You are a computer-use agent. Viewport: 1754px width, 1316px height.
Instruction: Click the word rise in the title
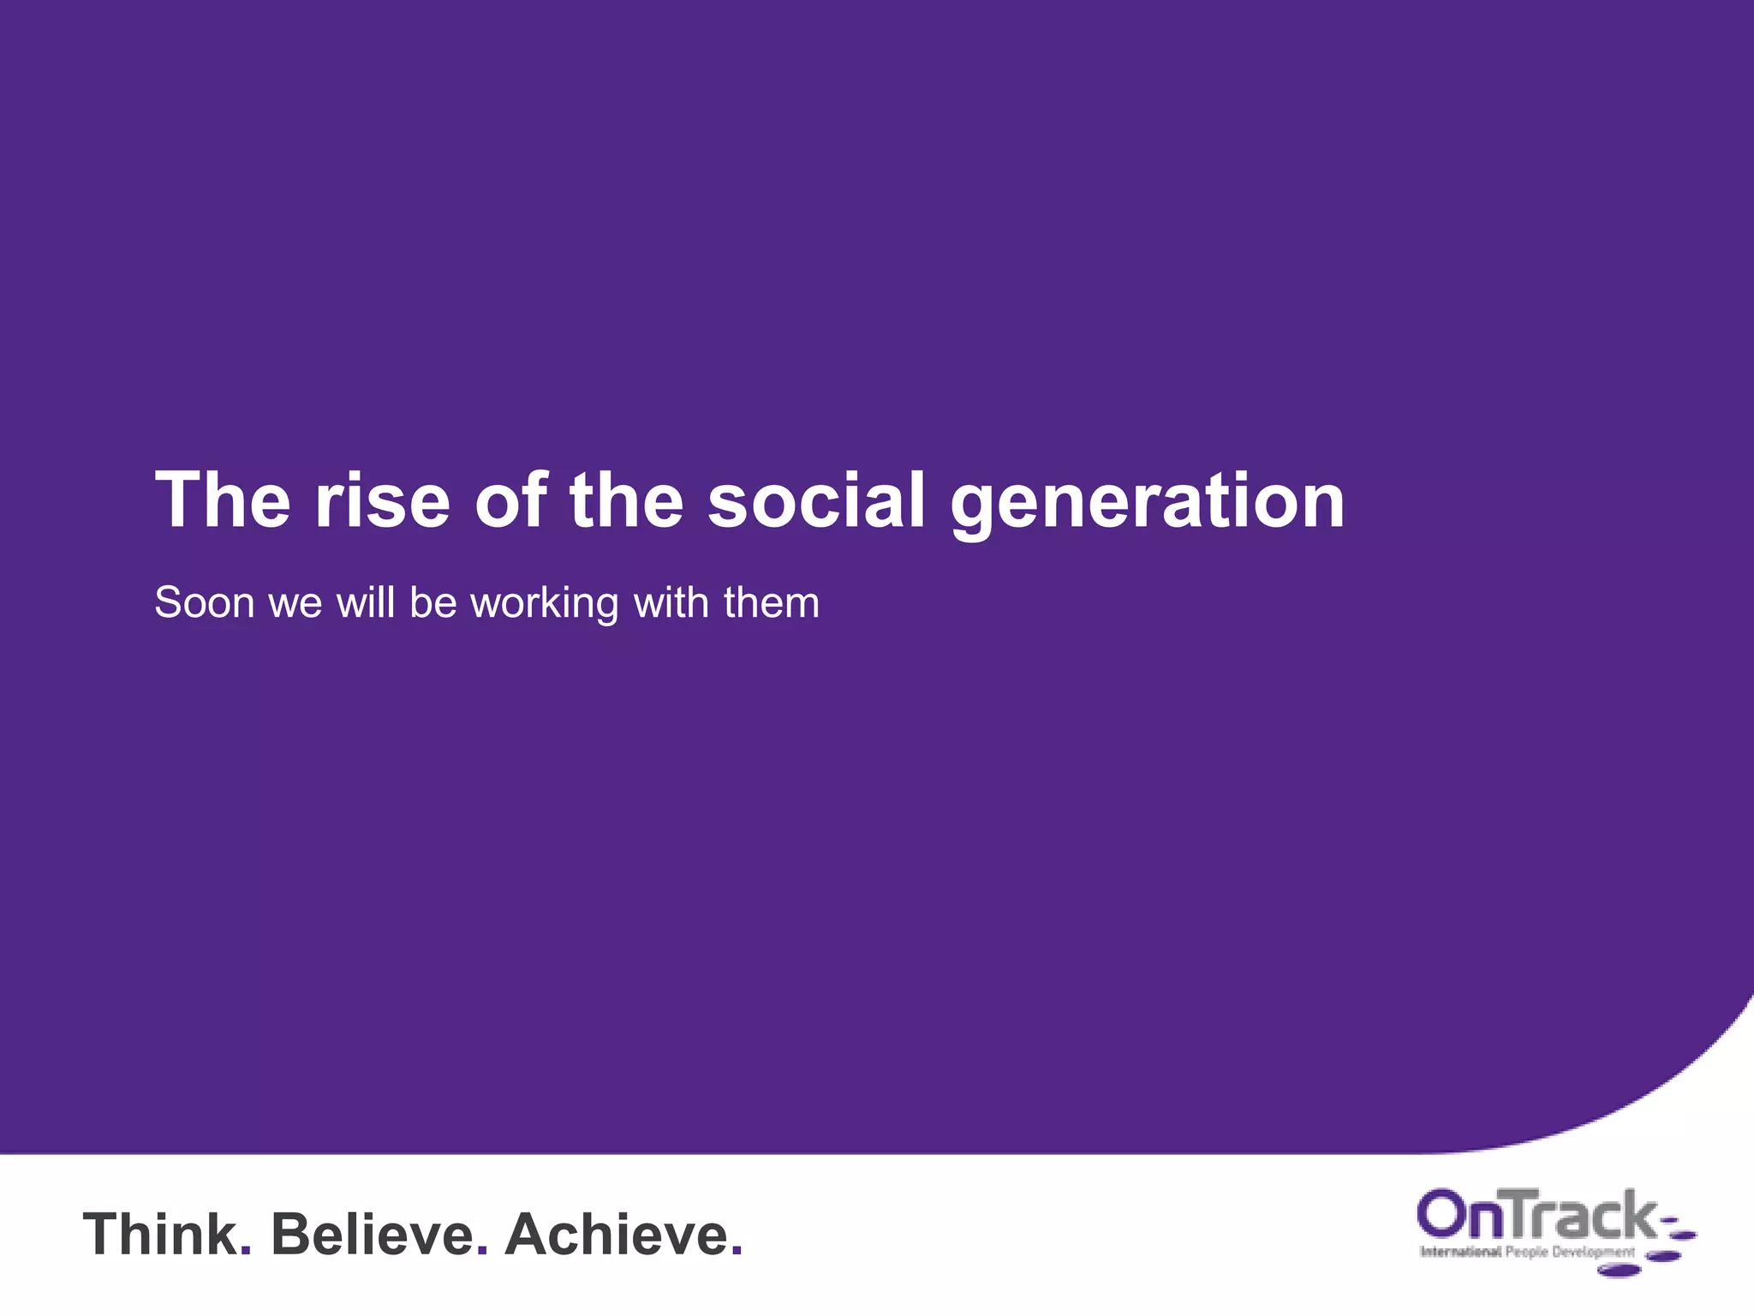(x=382, y=501)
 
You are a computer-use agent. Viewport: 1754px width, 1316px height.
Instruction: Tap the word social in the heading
(x=816, y=501)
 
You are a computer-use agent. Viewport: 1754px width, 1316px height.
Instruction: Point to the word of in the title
(x=510, y=501)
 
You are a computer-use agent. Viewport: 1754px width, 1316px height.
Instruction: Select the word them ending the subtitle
(x=771, y=603)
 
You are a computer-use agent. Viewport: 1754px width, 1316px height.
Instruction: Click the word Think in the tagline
(x=159, y=1235)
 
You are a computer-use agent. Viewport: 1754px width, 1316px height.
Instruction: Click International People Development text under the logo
(x=1527, y=1253)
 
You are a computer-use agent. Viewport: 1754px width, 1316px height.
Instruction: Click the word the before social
(x=626, y=501)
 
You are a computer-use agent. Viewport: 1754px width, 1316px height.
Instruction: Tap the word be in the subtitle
(x=433, y=603)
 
